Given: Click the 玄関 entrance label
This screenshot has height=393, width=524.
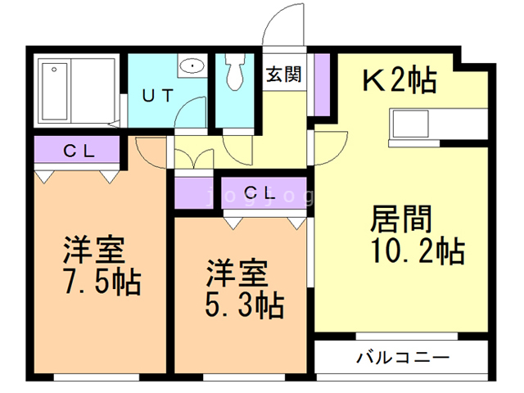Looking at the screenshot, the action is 284,75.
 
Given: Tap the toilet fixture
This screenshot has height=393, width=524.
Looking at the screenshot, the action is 236,71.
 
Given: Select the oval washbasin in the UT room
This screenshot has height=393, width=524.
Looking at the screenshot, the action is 192,65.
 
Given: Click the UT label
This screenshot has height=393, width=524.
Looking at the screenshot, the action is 158,96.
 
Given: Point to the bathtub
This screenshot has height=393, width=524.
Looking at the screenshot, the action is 55,91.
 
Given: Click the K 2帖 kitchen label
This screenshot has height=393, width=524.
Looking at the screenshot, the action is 400,80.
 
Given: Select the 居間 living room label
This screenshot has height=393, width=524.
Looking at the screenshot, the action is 401,219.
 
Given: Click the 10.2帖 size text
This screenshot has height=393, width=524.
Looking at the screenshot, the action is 418,251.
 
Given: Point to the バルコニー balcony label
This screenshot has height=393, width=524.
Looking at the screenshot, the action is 403,358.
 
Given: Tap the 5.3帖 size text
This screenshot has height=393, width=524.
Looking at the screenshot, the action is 244,305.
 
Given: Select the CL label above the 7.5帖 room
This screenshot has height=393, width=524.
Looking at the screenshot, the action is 79,151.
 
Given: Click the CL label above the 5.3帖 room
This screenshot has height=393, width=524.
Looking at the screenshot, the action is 260,193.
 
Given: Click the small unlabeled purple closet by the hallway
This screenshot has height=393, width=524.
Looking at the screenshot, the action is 194,193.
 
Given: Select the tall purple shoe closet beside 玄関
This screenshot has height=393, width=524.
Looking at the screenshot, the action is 322,84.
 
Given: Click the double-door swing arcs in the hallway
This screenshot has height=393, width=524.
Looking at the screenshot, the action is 194,157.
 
